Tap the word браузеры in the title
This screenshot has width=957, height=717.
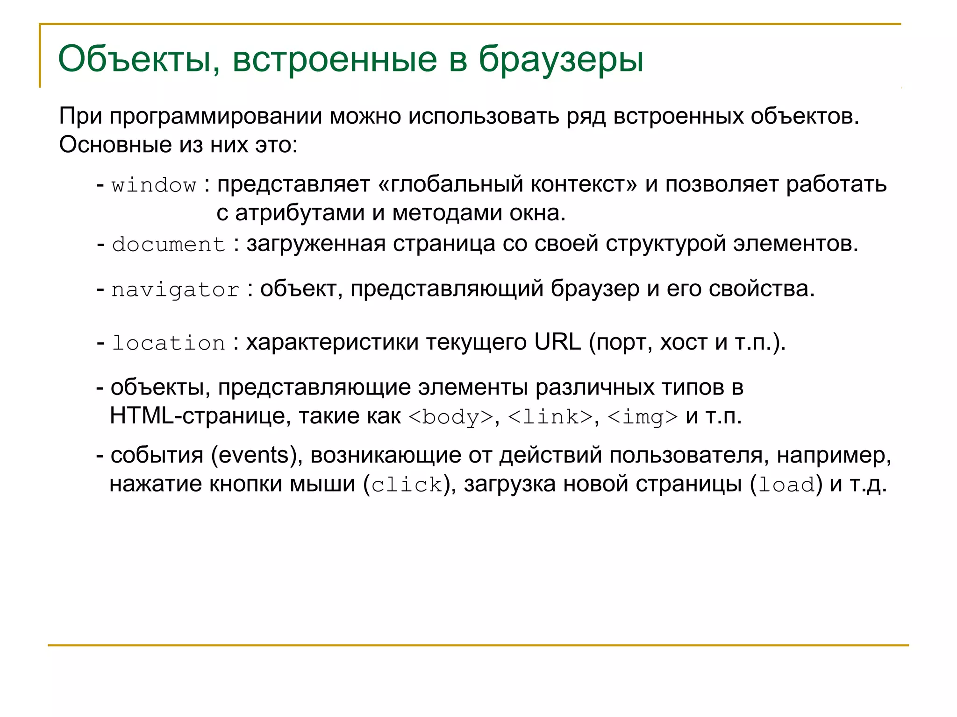(561, 59)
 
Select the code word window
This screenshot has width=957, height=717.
(154, 185)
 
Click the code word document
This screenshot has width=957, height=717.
(169, 245)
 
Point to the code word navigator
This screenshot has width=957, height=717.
(175, 290)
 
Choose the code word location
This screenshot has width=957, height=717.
(169, 343)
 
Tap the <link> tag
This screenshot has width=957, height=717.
(550, 416)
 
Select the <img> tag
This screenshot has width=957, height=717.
(643, 416)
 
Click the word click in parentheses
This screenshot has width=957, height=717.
(407, 485)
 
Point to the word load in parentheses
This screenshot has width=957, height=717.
(786, 485)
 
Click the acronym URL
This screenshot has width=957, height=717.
(557, 342)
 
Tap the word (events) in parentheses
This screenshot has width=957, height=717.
(257, 455)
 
